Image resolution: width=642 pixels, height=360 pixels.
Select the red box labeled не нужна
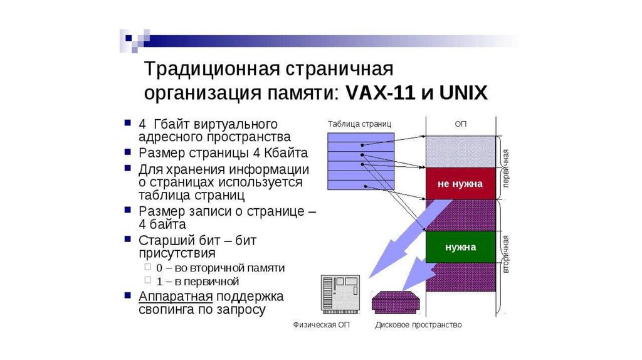(460, 183)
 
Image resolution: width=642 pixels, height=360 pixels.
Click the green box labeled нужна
(460, 247)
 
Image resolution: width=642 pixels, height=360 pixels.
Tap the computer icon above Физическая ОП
(340, 294)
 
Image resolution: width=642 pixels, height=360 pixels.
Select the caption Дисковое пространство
(418, 325)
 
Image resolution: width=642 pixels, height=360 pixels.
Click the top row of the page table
(360, 137)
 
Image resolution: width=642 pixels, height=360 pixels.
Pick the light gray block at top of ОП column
(460, 151)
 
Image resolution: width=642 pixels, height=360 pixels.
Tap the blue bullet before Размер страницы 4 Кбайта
(127, 152)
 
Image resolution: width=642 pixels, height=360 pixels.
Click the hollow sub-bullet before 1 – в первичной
(147, 281)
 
